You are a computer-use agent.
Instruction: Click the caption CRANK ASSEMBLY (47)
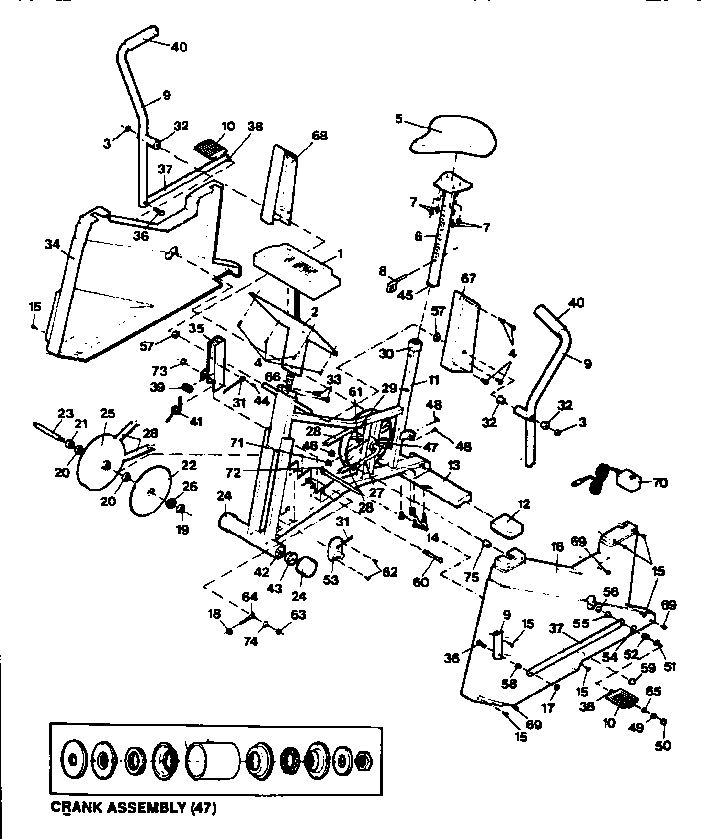[133, 806]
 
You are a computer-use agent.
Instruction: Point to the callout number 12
[522, 503]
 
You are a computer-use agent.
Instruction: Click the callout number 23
[66, 413]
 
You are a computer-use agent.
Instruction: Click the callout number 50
[662, 747]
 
